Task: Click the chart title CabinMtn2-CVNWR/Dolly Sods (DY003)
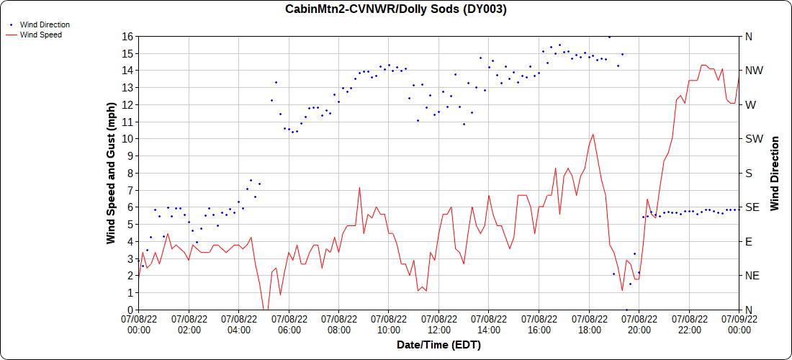point(396,9)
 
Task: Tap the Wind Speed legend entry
point(40,34)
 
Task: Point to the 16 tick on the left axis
point(127,36)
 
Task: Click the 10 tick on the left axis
point(127,138)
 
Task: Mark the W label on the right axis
point(750,104)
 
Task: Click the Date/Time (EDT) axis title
point(438,345)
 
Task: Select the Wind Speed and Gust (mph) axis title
point(111,173)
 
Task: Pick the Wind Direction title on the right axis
point(775,173)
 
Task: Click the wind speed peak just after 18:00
point(593,134)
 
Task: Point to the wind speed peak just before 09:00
point(359,188)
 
